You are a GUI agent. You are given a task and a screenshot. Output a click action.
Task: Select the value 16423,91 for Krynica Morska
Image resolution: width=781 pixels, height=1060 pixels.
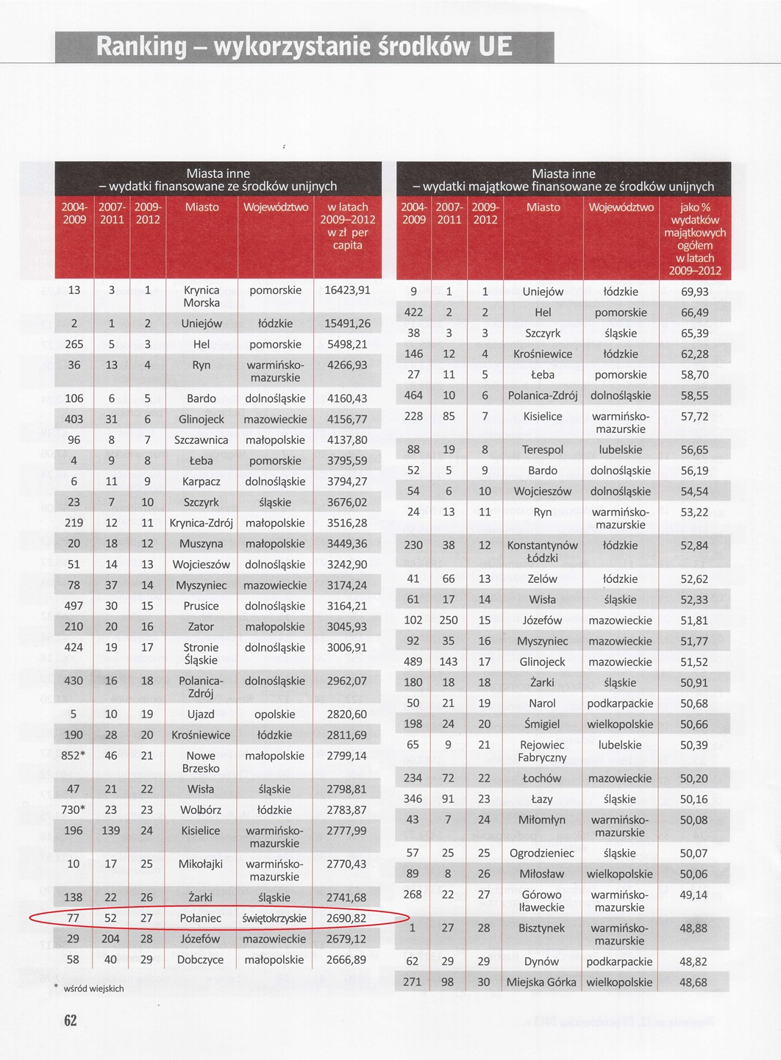click(x=347, y=290)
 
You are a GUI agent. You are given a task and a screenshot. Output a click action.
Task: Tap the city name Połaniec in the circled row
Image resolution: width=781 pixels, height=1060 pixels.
click(x=201, y=918)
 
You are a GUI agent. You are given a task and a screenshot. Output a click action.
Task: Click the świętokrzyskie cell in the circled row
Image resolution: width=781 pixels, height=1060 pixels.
click(x=274, y=918)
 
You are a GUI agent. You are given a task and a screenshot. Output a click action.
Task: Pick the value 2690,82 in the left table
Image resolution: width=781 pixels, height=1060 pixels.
click(x=346, y=918)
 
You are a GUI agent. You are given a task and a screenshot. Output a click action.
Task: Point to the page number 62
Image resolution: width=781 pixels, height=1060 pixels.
click(x=70, y=1020)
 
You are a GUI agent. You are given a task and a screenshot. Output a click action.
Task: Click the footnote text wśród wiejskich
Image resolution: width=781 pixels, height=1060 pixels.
click(x=93, y=989)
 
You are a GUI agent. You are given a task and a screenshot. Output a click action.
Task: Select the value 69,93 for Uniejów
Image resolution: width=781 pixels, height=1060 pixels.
click(x=694, y=292)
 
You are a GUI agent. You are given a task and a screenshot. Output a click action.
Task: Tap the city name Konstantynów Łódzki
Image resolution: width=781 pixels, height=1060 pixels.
click(x=543, y=551)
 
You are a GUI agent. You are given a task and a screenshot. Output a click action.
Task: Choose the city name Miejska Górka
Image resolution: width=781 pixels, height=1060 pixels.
click(x=541, y=982)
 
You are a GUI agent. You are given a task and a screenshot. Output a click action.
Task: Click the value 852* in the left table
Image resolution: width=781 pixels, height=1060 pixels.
click(x=73, y=756)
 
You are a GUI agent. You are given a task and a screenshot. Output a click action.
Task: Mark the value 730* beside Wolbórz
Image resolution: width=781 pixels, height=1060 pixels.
click(x=73, y=810)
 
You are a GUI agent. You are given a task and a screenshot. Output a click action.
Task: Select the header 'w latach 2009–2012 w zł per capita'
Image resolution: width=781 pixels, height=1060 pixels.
click(x=347, y=226)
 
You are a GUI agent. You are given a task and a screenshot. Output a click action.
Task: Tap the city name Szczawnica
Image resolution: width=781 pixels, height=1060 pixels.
click(x=201, y=440)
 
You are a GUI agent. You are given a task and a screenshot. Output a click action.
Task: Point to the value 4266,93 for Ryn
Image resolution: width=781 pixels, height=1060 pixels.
click(x=347, y=365)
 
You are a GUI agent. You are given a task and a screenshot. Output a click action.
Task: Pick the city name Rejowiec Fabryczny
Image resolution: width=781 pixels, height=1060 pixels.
click(x=542, y=751)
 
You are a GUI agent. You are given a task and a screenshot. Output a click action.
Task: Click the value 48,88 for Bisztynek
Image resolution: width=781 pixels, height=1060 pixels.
click(x=693, y=928)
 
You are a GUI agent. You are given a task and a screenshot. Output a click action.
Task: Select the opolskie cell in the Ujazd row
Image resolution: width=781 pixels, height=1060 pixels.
click(x=274, y=715)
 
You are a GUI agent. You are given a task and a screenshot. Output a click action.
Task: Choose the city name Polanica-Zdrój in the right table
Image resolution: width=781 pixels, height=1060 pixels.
click(x=543, y=395)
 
